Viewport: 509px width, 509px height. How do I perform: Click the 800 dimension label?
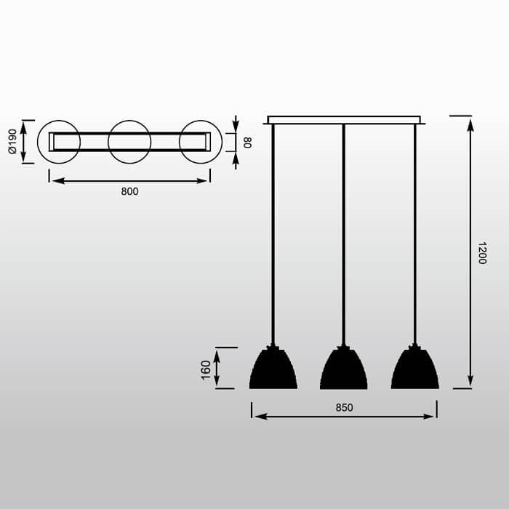pos(129,191)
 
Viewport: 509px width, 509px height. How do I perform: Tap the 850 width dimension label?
pos(344,407)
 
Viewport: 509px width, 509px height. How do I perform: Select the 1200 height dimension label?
pos(482,253)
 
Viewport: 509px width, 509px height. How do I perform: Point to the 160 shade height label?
pos(206,369)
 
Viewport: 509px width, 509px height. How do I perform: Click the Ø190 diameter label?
pos(12,141)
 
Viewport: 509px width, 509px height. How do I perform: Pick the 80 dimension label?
pos(247,143)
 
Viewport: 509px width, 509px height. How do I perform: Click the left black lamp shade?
pos(273,368)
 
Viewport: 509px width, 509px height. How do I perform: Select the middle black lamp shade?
pos(344,368)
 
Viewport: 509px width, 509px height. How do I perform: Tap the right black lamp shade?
pos(415,368)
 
